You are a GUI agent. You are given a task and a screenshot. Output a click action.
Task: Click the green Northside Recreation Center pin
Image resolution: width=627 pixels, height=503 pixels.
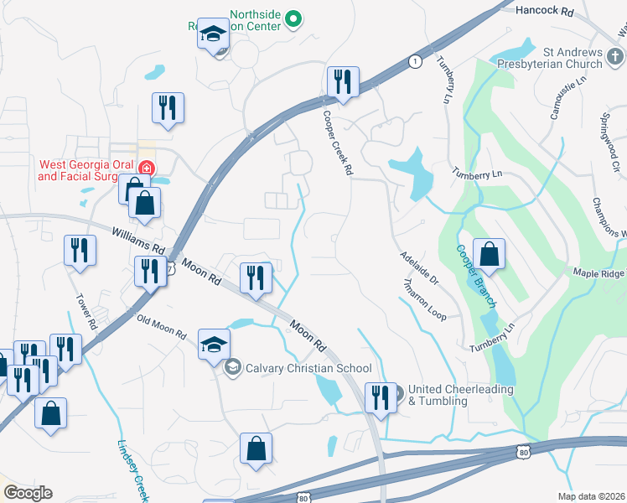point(293,18)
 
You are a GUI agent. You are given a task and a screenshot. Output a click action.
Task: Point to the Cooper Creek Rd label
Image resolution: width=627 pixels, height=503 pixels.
point(336,144)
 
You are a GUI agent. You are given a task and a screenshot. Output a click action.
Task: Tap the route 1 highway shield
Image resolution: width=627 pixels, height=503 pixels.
point(414,61)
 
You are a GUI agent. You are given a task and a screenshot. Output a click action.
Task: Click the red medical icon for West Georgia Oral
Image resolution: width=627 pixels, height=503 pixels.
point(147,169)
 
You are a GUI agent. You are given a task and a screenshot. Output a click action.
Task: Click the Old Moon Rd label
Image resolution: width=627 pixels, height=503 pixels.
point(161,326)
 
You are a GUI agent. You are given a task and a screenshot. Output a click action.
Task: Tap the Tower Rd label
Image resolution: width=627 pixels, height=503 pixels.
point(86,311)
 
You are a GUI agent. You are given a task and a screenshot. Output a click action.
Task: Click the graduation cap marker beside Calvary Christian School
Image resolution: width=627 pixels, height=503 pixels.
point(214,345)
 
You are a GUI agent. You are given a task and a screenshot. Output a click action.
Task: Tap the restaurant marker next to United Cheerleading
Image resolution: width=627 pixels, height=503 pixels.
point(381,399)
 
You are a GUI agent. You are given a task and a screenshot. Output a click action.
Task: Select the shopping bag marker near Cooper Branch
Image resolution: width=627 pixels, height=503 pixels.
point(489,255)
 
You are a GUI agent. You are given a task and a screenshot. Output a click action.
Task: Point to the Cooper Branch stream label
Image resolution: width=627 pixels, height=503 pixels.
point(477,276)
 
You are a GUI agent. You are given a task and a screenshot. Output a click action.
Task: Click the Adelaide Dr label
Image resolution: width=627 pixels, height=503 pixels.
point(419,267)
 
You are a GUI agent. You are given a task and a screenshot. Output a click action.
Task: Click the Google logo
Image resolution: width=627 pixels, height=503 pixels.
point(28,493)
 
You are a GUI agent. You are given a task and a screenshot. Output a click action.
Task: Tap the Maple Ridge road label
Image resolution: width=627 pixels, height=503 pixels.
point(598,272)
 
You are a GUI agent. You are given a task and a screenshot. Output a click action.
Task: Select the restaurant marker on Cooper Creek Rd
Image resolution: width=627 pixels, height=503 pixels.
point(343,83)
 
